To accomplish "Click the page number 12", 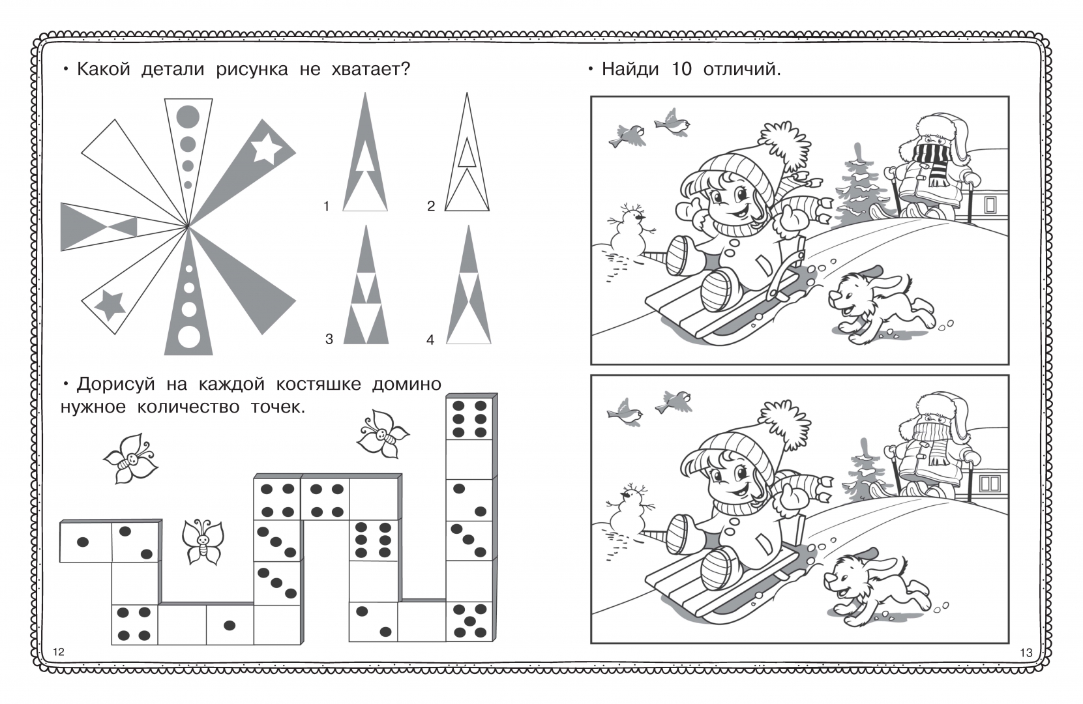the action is click(x=59, y=652).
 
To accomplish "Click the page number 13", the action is click(x=1026, y=653).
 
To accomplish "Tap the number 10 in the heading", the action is click(x=682, y=70).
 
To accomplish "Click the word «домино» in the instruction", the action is click(x=407, y=385).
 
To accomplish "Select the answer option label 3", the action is click(x=329, y=340).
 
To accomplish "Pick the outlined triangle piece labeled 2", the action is click(x=467, y=152).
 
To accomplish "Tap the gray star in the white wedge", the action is click(x=110, y=305).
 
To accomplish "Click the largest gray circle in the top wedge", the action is click(x=188, y=117).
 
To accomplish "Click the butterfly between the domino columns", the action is click(x=203, y=542).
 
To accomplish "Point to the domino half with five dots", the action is click(x=469, y=621).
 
